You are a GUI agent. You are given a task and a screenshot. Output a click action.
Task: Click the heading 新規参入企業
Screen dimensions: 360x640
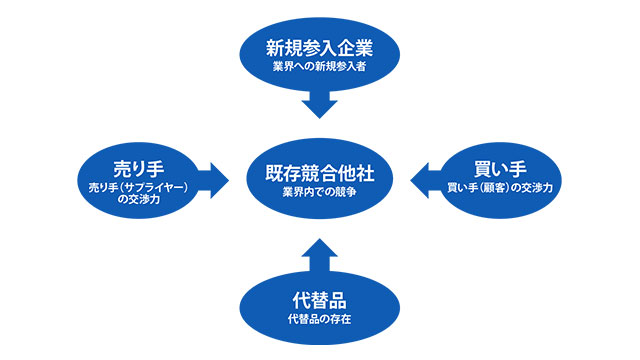(320, 47)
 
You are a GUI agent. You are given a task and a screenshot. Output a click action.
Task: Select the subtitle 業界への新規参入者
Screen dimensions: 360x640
(320, 66)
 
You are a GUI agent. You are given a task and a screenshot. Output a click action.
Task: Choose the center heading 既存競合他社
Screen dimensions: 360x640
(320, 170)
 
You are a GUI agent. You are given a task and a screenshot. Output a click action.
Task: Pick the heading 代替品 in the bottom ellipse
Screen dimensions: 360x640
(320, 300)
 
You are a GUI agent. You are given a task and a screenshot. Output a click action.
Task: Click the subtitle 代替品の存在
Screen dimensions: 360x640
(320, 320)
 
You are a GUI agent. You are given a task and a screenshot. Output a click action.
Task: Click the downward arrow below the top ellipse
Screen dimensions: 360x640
(320, 102)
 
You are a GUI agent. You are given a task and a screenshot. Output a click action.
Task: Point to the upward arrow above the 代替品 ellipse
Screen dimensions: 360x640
(320, 254)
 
